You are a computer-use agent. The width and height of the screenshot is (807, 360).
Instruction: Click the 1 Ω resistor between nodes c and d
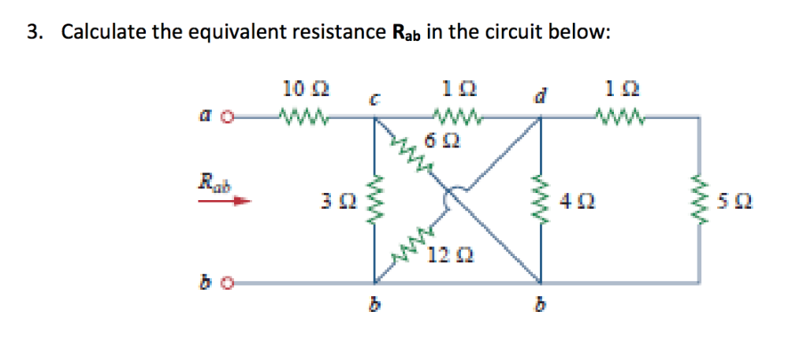456,119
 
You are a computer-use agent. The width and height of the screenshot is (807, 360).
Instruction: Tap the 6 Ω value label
443,143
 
